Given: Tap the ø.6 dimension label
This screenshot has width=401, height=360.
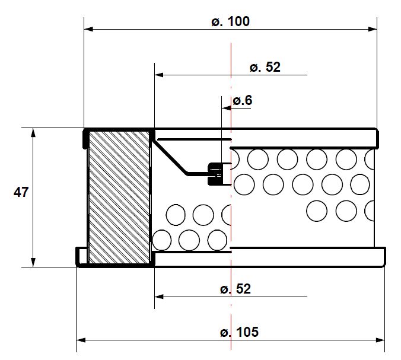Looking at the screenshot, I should click(242, 101).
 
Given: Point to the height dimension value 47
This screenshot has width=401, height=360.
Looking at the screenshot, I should click(21, 193).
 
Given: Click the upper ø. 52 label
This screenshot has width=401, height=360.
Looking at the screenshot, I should click(265, 68).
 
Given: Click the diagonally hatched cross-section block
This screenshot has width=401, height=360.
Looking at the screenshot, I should click(119, 197).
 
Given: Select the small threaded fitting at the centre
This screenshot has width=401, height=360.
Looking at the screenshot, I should click(215, 174).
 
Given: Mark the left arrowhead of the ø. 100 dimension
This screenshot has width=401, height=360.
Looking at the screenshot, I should click(88, 28).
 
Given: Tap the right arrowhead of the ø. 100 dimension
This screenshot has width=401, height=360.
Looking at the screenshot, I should click(373, 28).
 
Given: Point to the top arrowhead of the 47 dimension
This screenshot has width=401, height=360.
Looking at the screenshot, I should click(33, 132).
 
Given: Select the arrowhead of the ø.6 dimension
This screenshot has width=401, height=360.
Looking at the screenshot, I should click(225, 109).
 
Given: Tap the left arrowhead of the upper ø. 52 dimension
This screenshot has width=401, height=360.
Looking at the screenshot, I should click(158, 75).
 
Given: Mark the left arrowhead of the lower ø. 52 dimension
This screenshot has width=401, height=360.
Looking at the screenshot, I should click(158, 296).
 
